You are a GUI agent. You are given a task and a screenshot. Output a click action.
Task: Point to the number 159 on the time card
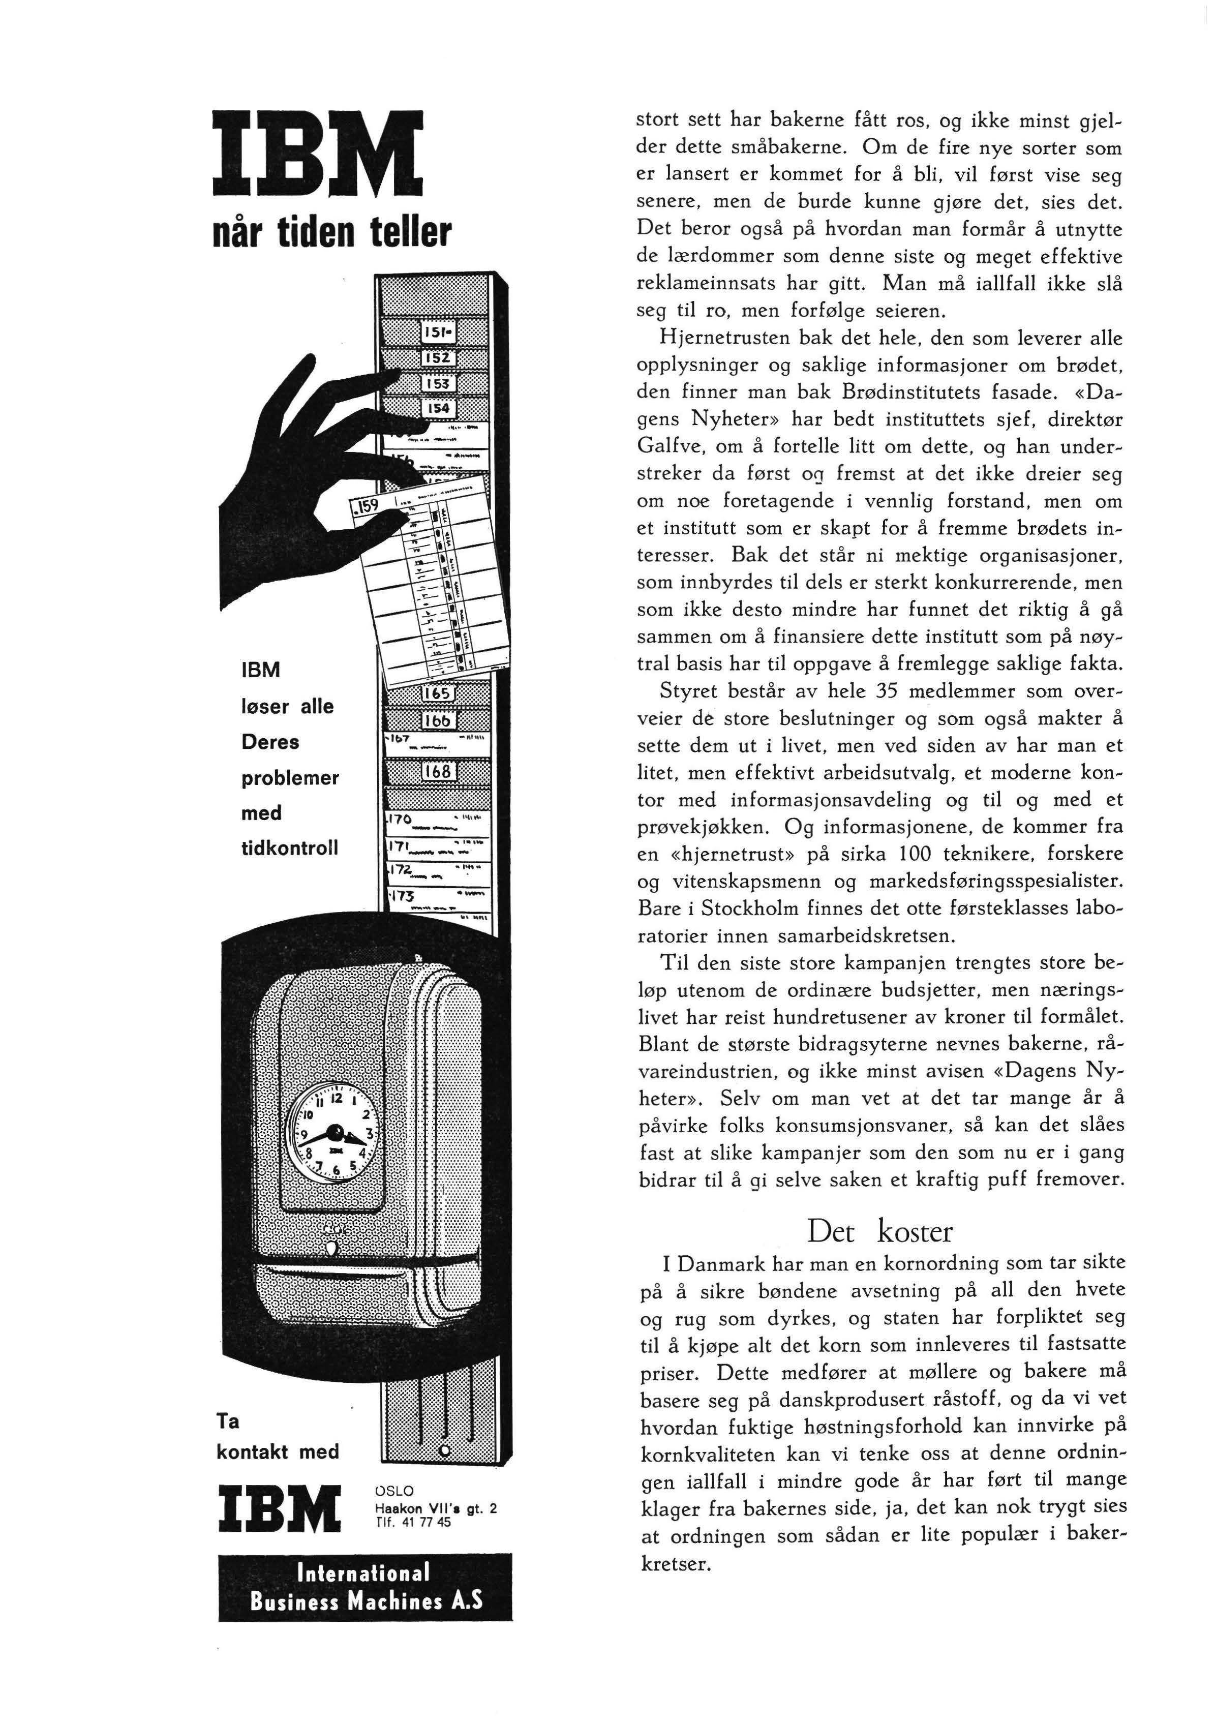(x=368, y=507)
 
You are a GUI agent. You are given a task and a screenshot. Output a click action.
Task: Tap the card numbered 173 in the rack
(x=436, y=897)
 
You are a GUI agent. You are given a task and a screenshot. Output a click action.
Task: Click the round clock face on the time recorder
(x=336, y=1131)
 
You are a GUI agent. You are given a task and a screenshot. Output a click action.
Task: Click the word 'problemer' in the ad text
(x=289, y=777)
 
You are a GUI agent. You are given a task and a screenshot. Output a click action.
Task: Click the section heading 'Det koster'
(x=879, y=1232)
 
